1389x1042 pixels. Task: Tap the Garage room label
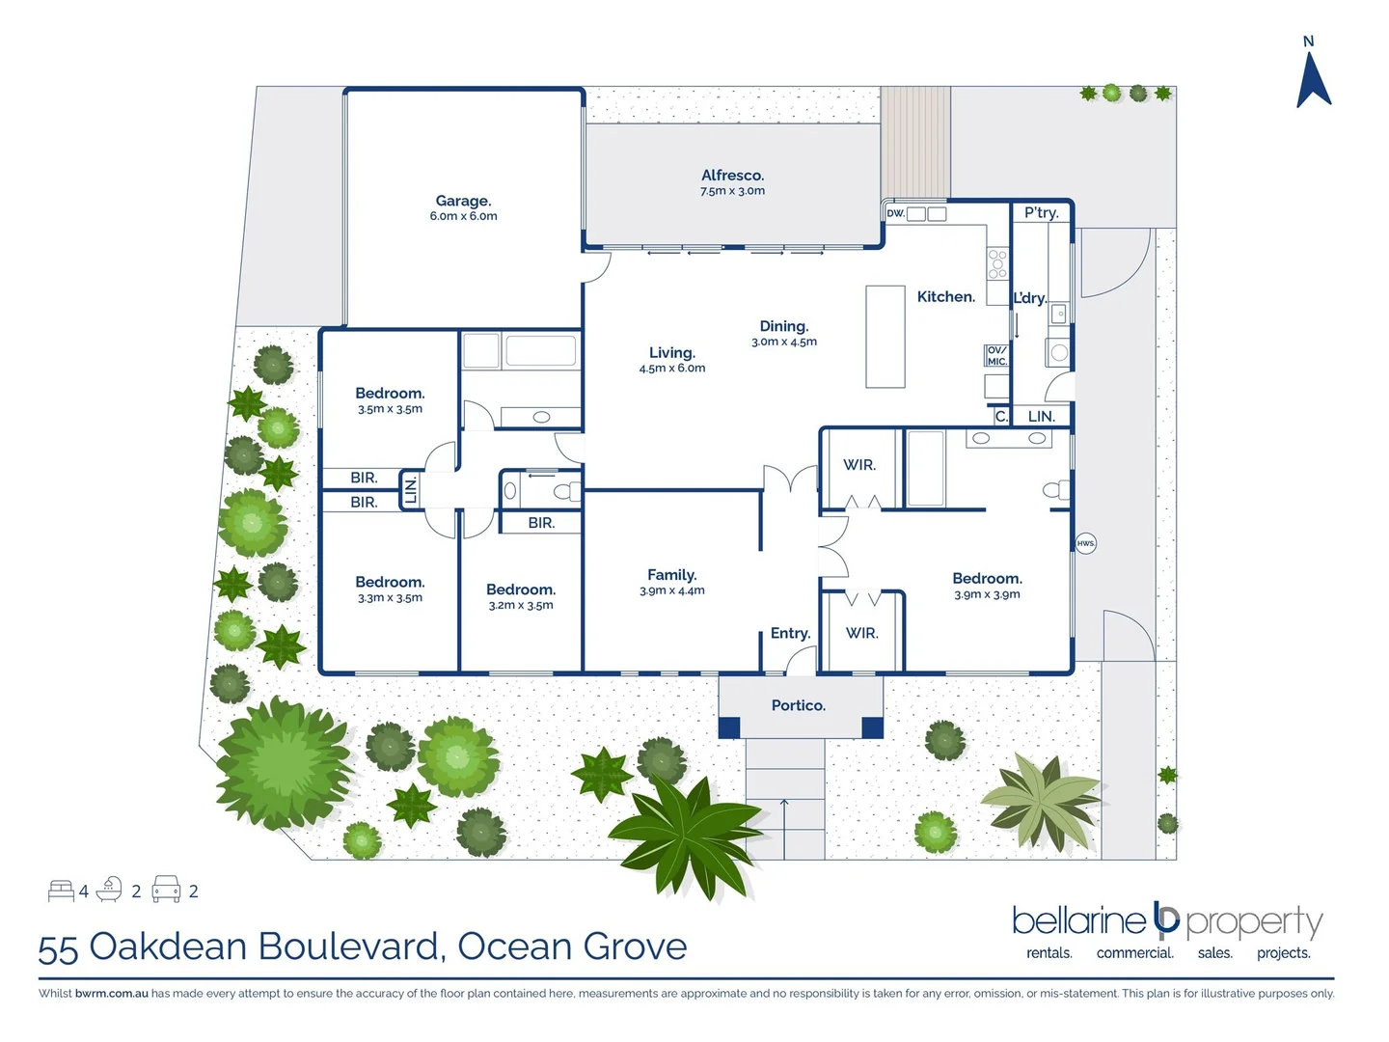pos(463,201)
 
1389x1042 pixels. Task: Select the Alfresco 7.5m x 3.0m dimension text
pos(732,191)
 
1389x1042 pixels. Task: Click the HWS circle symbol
pos(1085,543)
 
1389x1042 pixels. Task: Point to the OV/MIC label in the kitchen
pos(996,356)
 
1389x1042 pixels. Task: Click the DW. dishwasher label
pos(895,213)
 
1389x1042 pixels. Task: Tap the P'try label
pos(1041,212)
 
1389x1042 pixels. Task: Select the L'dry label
pos(1028,298)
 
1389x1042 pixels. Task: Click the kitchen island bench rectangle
pos(885,337)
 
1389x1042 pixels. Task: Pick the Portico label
pos(798,705)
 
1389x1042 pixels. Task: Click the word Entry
pos(789,633)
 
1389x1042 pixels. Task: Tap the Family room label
pos(671,574)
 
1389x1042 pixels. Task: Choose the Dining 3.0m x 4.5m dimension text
pos(783,342)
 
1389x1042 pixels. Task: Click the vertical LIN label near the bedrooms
pos(410,490)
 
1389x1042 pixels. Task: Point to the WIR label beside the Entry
pos(861,633)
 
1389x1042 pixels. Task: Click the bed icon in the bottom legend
pos(61,890)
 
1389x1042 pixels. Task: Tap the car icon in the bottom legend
pos(166,889)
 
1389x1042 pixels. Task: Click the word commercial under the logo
pos(1134,953)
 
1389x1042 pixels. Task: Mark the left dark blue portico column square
pos(729,727)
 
